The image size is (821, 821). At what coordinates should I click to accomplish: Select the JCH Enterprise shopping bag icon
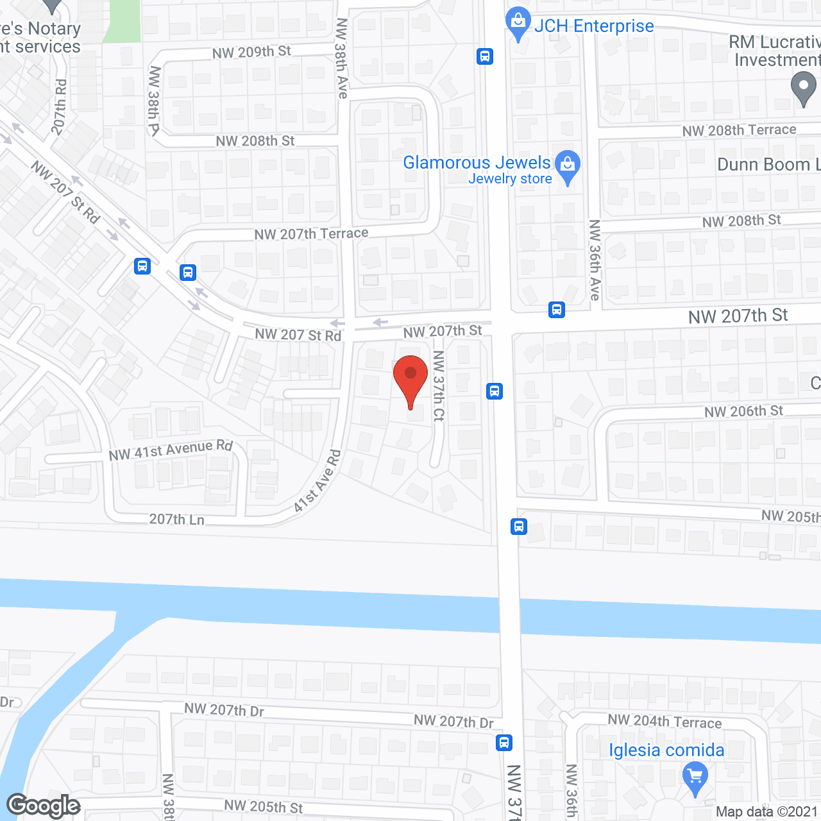tap(518, 24)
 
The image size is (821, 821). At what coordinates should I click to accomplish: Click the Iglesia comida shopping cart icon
tap(695, 777)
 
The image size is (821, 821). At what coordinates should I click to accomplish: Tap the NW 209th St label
tap(251, 52)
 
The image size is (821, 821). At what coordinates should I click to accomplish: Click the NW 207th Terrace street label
tap(311, 234)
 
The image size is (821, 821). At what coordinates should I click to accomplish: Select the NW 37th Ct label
tap(439, 385)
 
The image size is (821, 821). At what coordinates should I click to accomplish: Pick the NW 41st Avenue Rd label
tap(170, 450)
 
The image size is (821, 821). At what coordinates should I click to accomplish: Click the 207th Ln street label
tap(176, 519)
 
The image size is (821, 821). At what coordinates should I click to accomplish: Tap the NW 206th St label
tap(743, 411)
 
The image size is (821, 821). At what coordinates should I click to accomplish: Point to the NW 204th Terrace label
tap(664, 721)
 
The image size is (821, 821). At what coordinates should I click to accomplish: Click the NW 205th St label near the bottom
tap(263, 806)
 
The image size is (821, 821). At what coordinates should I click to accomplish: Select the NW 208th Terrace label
tap(739, 130)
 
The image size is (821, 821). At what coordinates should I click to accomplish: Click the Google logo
tap(44, 806)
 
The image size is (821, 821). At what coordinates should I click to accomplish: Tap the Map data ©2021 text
tap(766, 811)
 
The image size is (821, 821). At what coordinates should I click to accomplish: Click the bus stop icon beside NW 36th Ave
tap(556, 310)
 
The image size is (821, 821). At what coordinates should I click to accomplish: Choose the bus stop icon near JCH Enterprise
tap(485, 56)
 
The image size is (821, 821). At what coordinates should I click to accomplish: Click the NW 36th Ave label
tap(595, 260)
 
